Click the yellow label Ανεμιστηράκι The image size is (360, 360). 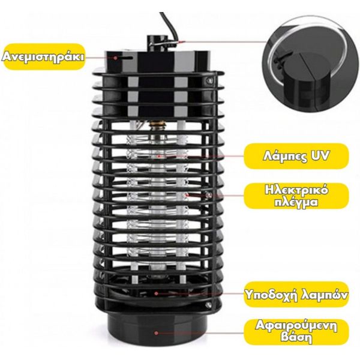pyautogui.click(x=44, y=57)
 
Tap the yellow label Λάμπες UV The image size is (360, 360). pyautogui.click(x=296, y=156)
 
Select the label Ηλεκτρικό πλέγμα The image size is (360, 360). pyautogui.click(x=296, y=196)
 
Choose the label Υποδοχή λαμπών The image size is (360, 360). pyautogui.click(x=296, y=295)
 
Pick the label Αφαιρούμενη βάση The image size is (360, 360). pyautogui.click(x=296, y=332)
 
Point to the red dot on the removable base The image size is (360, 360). pyautogui.click(x=156, y=333)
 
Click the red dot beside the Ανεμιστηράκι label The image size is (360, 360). pyautogui.click(x=115, y=58)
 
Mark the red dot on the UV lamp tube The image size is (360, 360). pyautogui.click(x=158, y=157)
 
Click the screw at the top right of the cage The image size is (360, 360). pyautogui.click(x=209, y=80)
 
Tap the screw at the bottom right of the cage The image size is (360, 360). pyautogui.click(x=209, y=305)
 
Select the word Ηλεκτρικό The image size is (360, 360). pyautogui.click(x=296, y=191)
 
